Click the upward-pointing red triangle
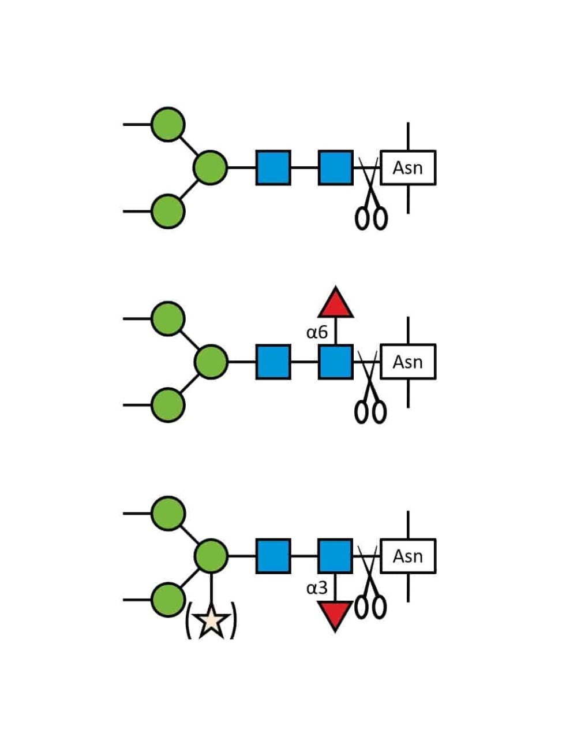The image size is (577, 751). pos(335,304)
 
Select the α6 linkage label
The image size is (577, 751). pos(316,333)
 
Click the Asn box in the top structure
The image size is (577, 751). pos(407,168)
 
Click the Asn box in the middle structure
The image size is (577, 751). pos(407,362)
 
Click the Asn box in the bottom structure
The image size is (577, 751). pos(407,556)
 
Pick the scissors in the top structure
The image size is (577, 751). pos(370,194)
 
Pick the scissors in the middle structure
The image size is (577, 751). pos(370,387)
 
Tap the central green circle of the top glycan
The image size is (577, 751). pos(210,168)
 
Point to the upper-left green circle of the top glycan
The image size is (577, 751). pos(168,124)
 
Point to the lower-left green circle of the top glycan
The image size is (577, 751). pos(168,211)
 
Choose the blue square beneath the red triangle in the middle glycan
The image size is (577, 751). pos(335,362)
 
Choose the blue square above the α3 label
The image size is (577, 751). pos(335,556)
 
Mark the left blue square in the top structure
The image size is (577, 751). pos(273,168)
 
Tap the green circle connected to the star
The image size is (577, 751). pos(211,556)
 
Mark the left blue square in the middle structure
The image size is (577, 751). pos(273,362)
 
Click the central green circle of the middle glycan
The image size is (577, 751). pos(211,362)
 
